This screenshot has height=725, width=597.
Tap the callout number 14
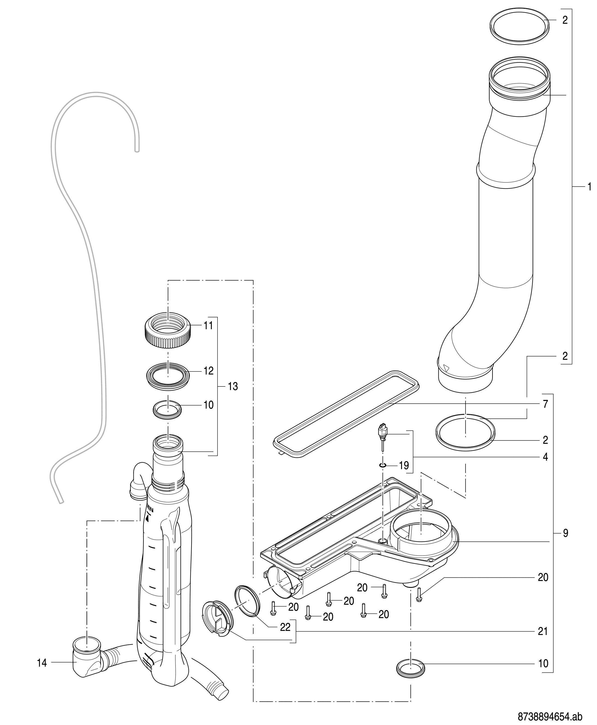tap(42, 663)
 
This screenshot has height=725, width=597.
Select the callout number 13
tap(232, 387)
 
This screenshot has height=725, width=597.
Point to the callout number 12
tap(208, 371)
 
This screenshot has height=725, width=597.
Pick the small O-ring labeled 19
tap(383, 465)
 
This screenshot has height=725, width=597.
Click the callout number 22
tap(285, 627)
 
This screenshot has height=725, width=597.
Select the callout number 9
tap(566, 533)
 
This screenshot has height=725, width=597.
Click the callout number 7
tap(546, 404)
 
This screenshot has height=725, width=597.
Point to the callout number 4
tap(545, 457)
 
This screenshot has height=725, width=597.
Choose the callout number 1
tap(589, 187)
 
